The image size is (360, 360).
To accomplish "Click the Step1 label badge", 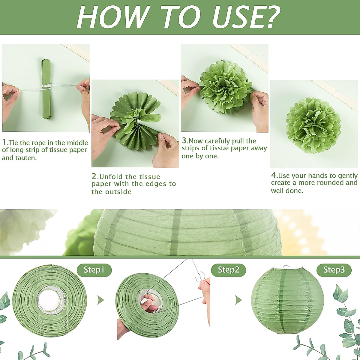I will (x=94, y=270).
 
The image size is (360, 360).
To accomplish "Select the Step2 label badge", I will (x=228, y=270).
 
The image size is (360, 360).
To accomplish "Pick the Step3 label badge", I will (x=334, y=270).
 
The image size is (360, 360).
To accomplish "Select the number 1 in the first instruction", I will (x=4, y=142).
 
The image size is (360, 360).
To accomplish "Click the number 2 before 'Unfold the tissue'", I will (x=94, y=176).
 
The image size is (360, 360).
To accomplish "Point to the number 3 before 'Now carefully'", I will (x=184, y=140).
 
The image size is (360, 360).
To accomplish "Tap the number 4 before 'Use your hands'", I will (x=274, y=175).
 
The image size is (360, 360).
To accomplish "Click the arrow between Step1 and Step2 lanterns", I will (x=101, y=300).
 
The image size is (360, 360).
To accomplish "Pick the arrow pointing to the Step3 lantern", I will (x=238, y=300).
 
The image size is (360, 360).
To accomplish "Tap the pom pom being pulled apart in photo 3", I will (x=225, y=87).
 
